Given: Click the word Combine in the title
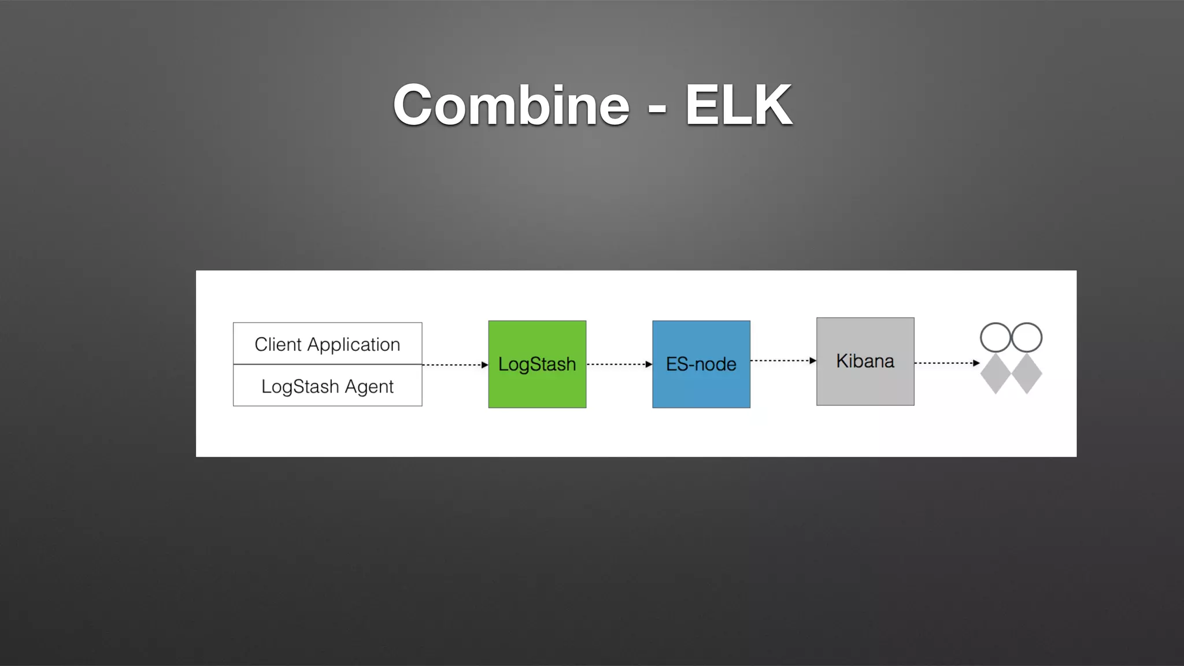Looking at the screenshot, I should point(511,105).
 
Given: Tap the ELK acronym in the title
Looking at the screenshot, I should point(738,105).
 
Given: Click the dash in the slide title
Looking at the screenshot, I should point(657,108).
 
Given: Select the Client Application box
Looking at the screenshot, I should point(327,343).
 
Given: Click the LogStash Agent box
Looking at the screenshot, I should point(327,386).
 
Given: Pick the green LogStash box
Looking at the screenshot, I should point(537,364).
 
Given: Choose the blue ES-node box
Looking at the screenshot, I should point(701,364).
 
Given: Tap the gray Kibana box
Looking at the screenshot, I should point(865,361).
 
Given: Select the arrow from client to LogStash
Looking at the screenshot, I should point(454,365).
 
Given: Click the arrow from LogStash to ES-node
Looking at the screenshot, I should point(619,364).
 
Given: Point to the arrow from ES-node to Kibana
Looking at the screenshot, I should point(783,361).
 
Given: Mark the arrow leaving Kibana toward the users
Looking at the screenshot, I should point(946,363).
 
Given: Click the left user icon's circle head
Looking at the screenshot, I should point(996,338).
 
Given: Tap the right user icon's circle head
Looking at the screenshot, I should point(1027,338).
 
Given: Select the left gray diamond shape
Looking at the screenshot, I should point(996,374).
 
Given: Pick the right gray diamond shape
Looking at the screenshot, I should point(1027,374).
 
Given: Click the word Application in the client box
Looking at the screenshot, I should point(353,345).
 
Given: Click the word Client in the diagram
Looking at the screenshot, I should point(278,345).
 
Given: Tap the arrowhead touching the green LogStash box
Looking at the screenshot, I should point(484,365).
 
